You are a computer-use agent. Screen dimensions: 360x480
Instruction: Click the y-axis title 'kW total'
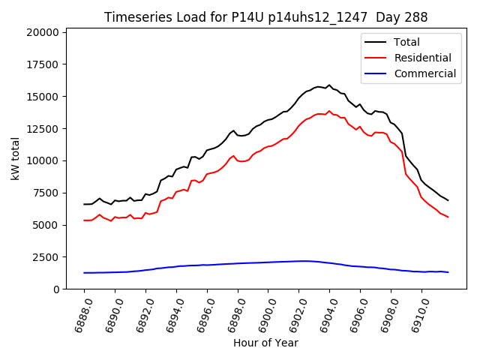[15, 159]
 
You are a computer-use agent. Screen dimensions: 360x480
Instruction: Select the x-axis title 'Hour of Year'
[265, 343]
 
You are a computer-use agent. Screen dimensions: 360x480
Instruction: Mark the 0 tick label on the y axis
[57, 289]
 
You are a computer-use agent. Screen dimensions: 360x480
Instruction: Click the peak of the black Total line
[328, 85]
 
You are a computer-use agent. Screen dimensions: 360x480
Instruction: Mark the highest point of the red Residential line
[328, 111]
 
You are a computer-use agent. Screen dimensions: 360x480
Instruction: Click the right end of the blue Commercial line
[448, 272]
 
